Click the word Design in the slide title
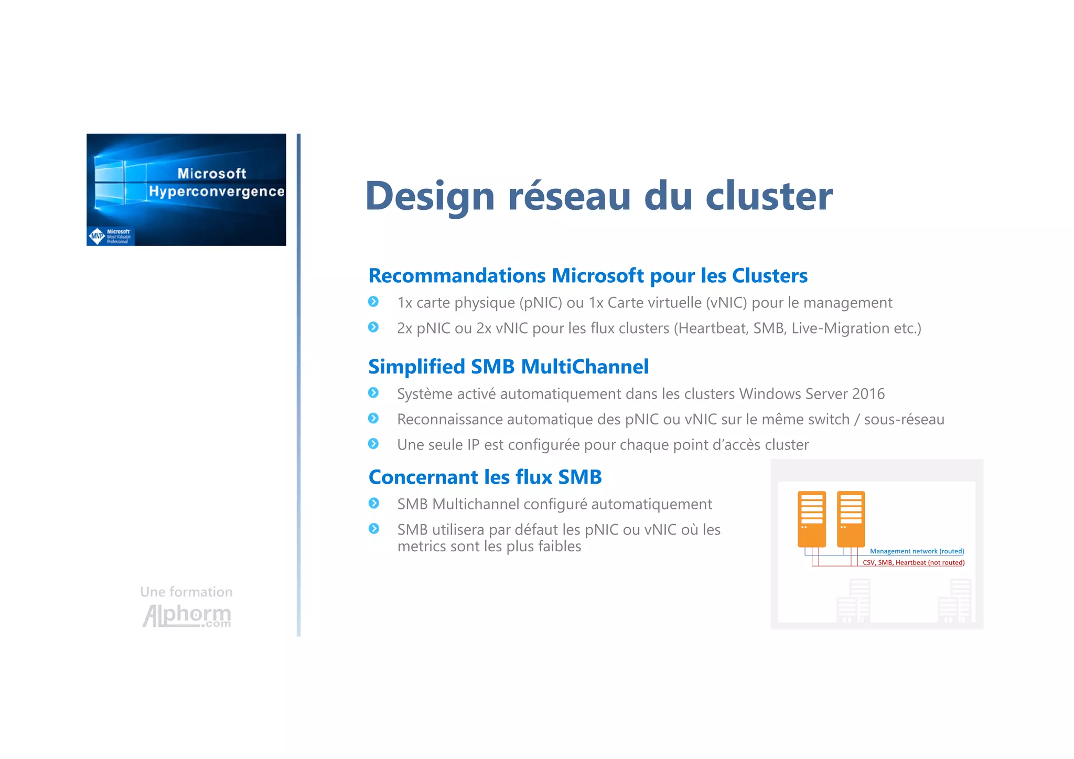tap(430, 196)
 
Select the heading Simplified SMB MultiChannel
tap(508, 367)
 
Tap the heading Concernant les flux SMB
tap(485, 477)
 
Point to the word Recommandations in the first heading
tap(457, 276)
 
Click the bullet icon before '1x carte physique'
tap(373, 302)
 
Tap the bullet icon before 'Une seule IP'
tap(373, 444)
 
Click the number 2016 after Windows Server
tap(868, 394)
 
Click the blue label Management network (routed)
tap(917, 551)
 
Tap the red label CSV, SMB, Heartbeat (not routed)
tap(914, 563)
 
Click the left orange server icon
tap(812, 519)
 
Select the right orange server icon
tap(851, 519)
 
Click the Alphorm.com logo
tap(187, 616)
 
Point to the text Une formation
tap(186, 592)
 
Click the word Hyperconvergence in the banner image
tap(217, 191)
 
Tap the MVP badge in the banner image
tap(98, 236)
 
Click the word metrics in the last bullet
tap(421, 547)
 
